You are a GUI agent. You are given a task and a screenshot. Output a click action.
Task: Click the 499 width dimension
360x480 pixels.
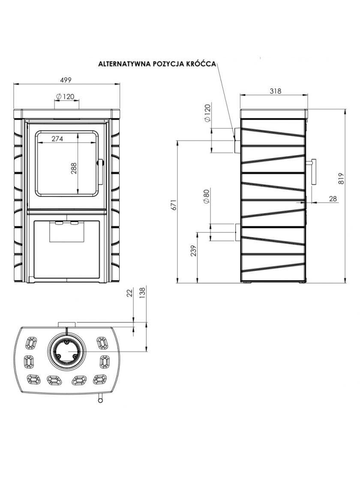[x=66, y=80]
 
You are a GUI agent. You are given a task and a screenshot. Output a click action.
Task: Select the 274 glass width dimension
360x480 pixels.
[x=57, y=138]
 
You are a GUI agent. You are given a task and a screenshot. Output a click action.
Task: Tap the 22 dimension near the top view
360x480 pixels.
[x=130, y=293]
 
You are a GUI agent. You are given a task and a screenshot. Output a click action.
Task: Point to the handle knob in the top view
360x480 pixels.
[x=100, y=399]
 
